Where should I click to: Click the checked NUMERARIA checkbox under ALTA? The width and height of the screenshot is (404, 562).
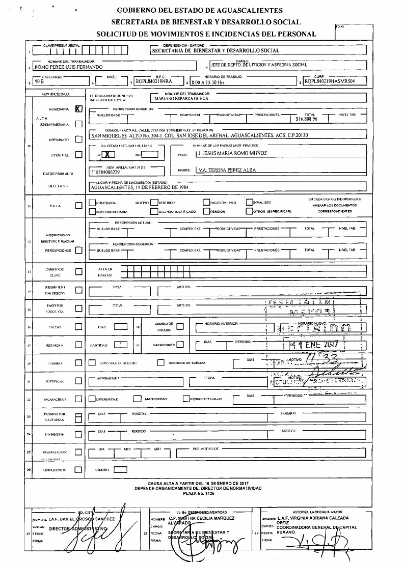click(78, 109)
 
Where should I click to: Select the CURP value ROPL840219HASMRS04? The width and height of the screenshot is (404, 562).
click(328, 80)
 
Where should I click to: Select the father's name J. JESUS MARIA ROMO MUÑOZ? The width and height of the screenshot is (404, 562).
click(231, 153)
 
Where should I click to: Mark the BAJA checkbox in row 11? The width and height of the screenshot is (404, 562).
click(78, 206)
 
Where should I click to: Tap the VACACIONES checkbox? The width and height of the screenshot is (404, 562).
click(179, 345)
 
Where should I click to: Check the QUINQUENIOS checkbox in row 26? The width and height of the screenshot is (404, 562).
click(78, 470)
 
